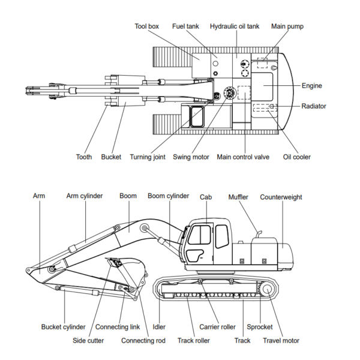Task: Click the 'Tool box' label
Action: coord(146,26)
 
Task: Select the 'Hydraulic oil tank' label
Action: coord(235,26)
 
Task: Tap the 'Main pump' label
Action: coord(287,26)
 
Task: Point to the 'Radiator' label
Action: coord(314,106)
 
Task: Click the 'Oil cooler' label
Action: coord(297,157)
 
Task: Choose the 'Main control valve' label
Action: coord(242,157)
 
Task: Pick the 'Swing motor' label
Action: coord(191,157)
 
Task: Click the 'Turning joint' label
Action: coord(147,157)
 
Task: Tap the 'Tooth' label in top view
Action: coord(84,157)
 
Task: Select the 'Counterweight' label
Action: coord(281,197)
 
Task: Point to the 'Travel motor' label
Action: coord(281,341)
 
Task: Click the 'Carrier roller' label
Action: coord(217,327)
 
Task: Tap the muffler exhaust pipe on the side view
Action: coord(260,232)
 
